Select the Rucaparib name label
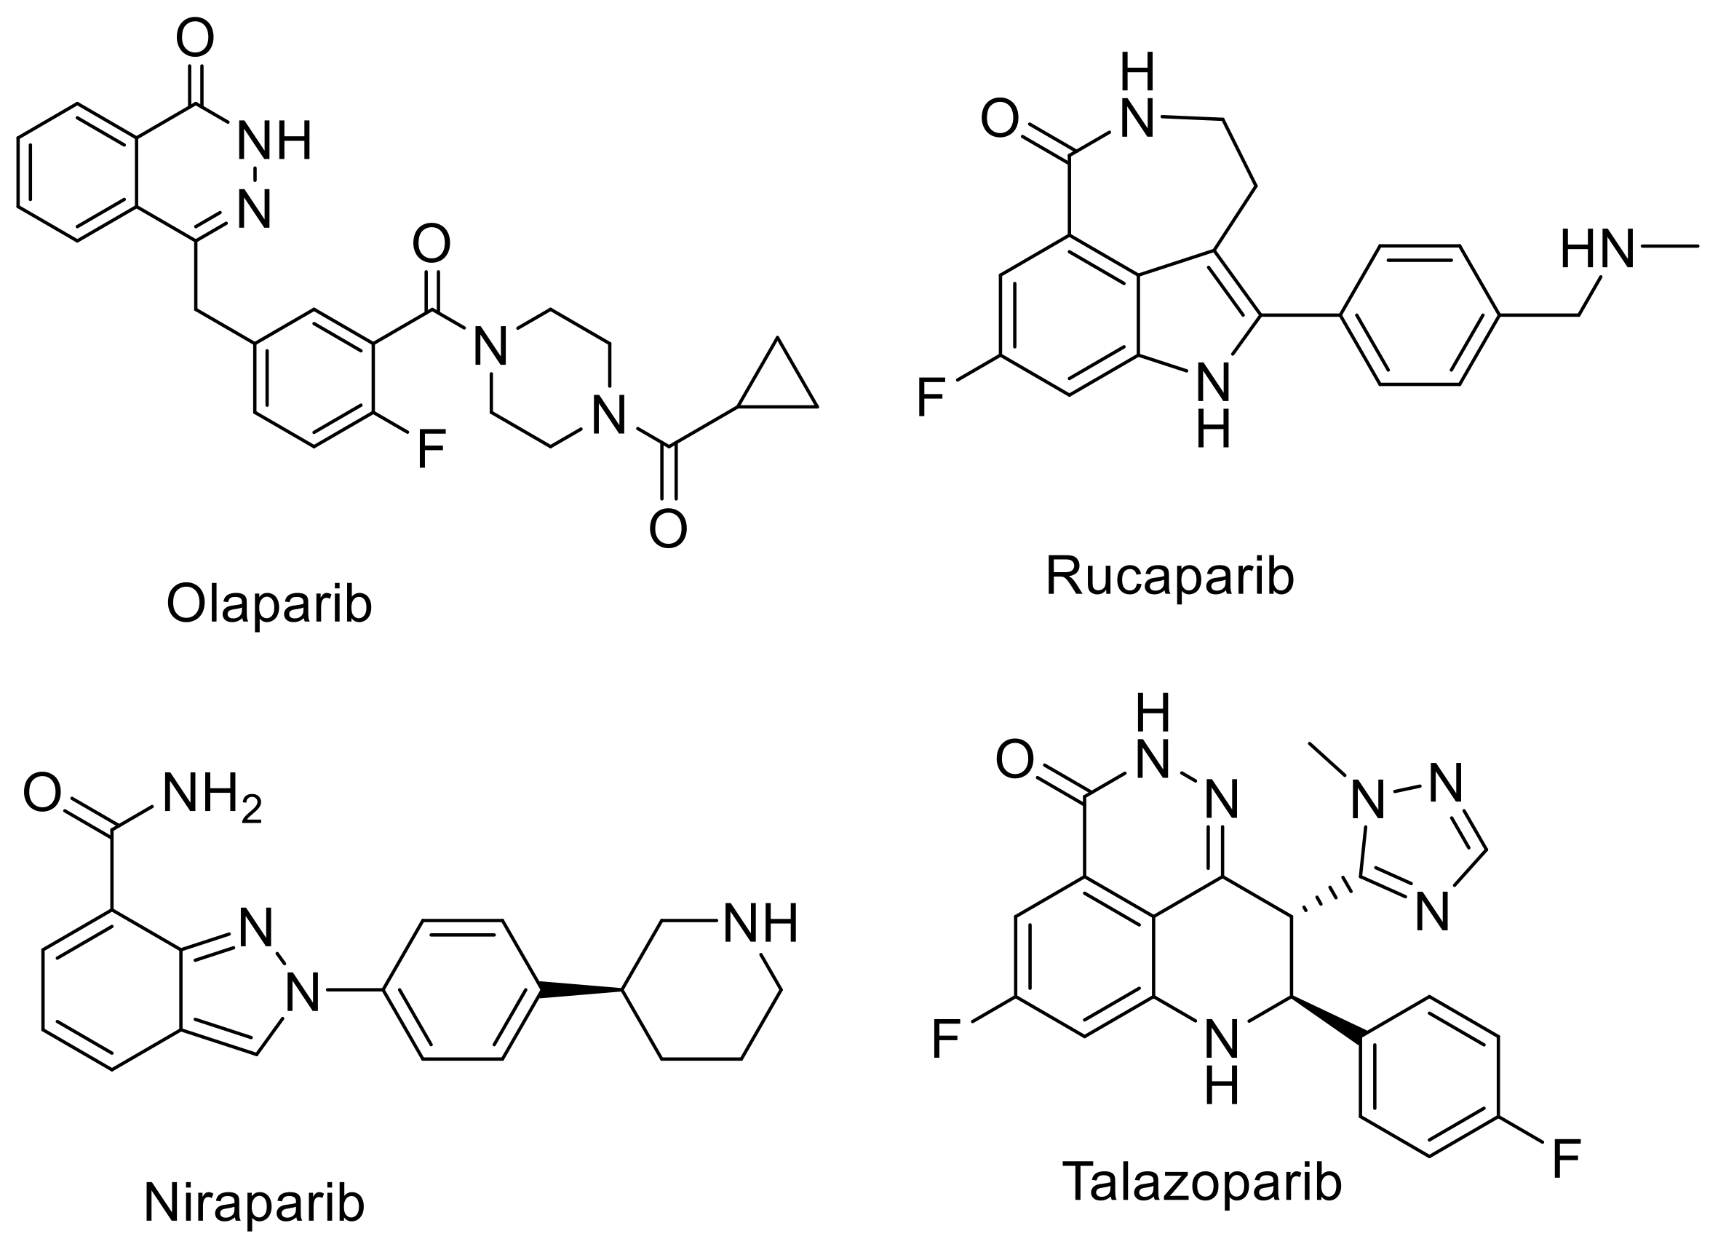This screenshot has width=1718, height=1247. pyautogui.click(x=1169, y=577)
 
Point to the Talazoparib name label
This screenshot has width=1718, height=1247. pyautogui.click(x=1201, y=1203)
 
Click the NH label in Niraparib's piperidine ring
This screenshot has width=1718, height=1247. pyautogui.click(x=760, y=924)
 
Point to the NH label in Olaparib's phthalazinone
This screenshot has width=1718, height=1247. pyautogui.click(x=274, y=140)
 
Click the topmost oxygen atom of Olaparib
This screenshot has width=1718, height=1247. pyautogui.click(x=195, y=38)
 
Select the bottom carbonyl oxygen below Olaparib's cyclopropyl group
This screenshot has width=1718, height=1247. pyautogui.click(x=668, y=529)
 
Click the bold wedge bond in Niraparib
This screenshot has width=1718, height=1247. pyautogui.click(x=580, y=990)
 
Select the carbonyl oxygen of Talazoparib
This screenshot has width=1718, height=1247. pyautogui.click(x=1014, y=759)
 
